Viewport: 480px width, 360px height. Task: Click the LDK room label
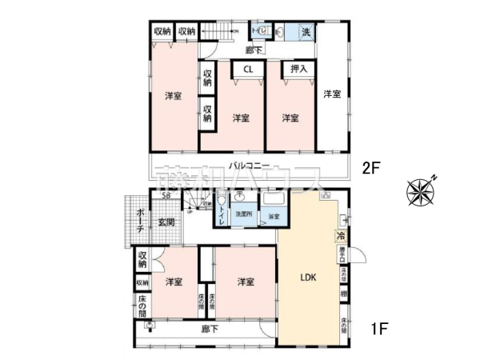(309, 278)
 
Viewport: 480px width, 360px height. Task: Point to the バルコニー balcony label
(247, 166)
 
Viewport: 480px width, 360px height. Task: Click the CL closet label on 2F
(249, 70)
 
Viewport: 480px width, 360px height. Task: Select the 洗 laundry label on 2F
(306, 33)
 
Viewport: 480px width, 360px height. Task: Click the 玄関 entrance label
(166, 222)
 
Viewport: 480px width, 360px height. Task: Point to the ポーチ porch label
(140, 221)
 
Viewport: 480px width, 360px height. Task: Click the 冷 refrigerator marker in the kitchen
(341, 236)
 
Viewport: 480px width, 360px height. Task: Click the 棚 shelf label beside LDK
(342, 294)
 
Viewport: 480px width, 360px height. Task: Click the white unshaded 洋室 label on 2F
(333, 94)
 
